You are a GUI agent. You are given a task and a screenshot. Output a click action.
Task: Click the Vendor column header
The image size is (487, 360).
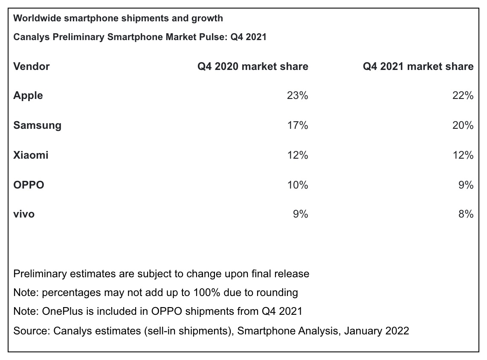click(x=32, y=67)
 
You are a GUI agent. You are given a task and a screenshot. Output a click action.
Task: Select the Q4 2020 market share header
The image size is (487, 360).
click(x=252, y=67)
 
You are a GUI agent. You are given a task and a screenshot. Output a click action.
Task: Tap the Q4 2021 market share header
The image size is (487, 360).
click(x=418, y=67)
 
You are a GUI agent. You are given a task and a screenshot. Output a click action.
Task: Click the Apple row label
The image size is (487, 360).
click(x=28, y=96)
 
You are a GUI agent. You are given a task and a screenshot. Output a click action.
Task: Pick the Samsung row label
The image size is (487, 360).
click(x=37, y=125)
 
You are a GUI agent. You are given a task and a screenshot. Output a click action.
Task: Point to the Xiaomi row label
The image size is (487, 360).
click(x=31, y=155)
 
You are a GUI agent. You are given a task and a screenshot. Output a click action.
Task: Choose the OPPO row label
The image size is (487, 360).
click(x=29, y=185)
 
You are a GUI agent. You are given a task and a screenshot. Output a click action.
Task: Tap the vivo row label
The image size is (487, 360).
click(x=24, y=214)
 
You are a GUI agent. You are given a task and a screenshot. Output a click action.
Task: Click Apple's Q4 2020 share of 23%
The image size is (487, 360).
click(x=298, y=96)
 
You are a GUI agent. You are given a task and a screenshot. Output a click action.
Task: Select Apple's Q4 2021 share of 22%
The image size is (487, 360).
click(x=463, y=96)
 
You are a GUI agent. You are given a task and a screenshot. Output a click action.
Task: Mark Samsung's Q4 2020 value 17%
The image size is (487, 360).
click(x=298, y=125)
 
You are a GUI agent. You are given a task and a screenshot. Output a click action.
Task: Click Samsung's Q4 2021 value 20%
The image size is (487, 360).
click(x=463, y=125)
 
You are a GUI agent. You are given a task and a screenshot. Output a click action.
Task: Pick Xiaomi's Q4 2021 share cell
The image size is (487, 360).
click(x=463, y=155)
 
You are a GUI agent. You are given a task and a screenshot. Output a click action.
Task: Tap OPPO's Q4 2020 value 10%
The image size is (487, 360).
click(x=298, y=185)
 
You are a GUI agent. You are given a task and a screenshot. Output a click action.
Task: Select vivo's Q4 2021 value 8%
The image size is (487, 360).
click(x=466, y=214)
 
